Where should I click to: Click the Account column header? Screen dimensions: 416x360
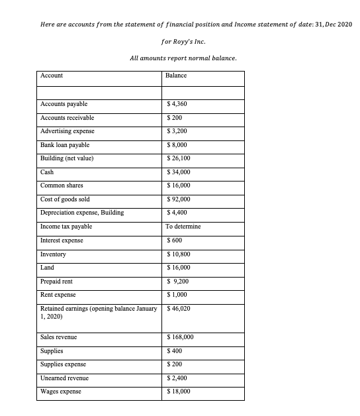[52, 76]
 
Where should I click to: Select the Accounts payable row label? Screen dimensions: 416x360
[64, 104]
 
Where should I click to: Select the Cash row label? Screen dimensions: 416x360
[47, 172]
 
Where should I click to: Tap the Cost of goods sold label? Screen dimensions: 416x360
[66, 199]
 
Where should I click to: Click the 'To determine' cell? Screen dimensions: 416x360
[183, 227]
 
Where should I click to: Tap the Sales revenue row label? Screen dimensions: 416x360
[59, 337]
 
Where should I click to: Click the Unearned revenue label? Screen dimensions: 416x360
[64, 378]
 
